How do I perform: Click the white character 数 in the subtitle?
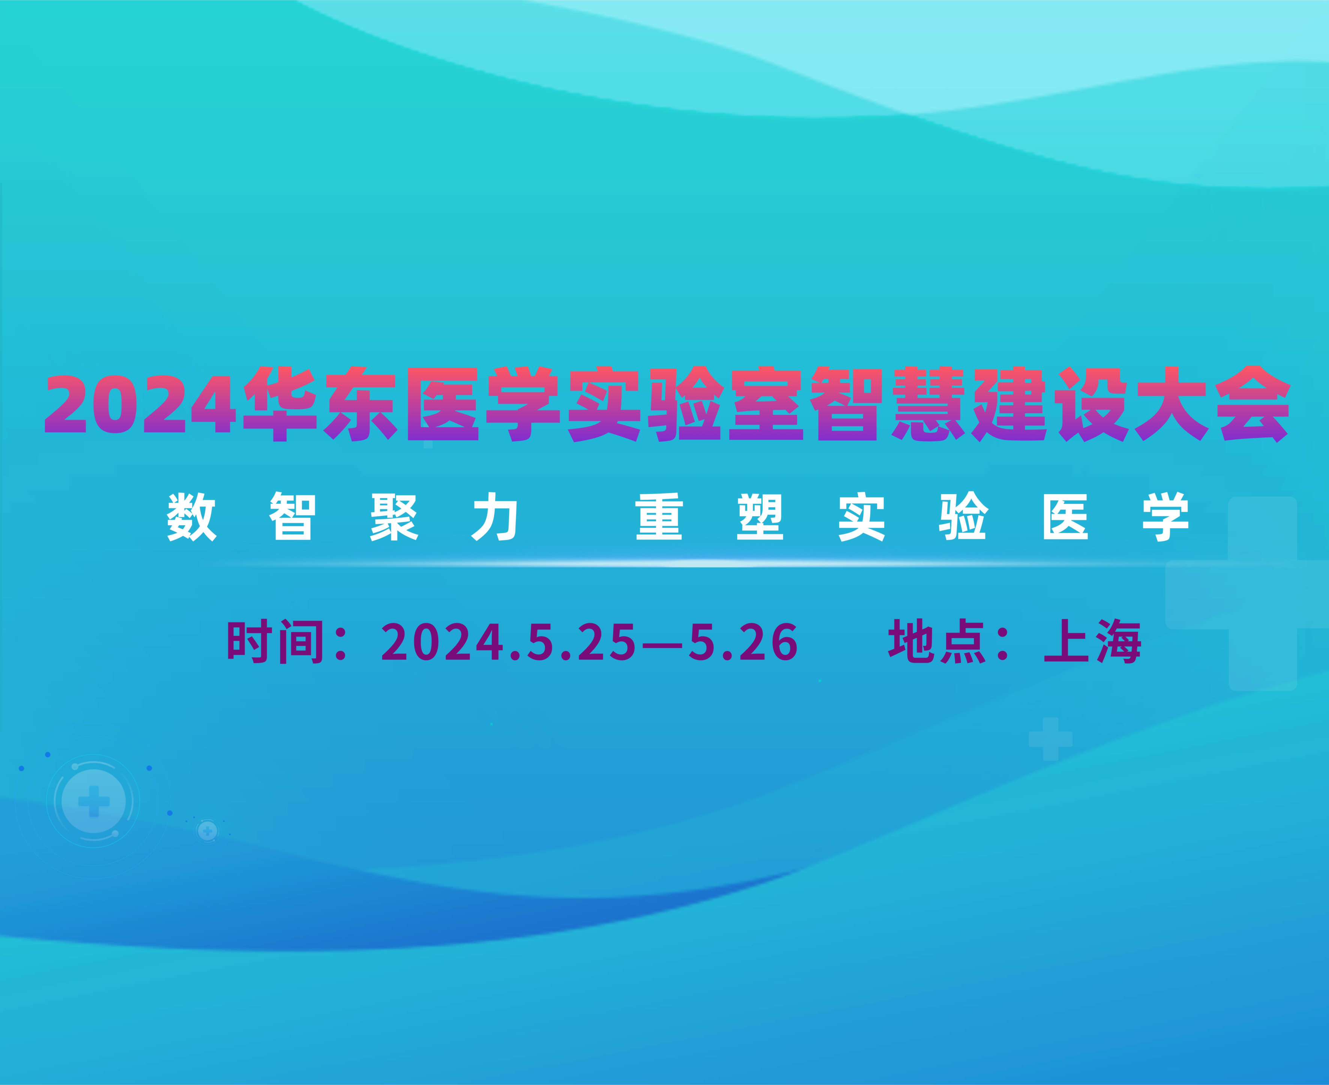[x=191, y=517]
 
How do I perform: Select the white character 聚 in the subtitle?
[x=394, y=517]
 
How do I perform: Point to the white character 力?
[x=495, y=517]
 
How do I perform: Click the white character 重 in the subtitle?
[x=659, y=517]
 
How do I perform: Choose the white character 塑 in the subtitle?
[x=760, y=517]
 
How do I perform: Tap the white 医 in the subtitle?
[x=1065, y=517]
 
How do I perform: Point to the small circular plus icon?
[x=208, y=831]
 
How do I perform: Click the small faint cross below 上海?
[x=1051, y=739]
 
